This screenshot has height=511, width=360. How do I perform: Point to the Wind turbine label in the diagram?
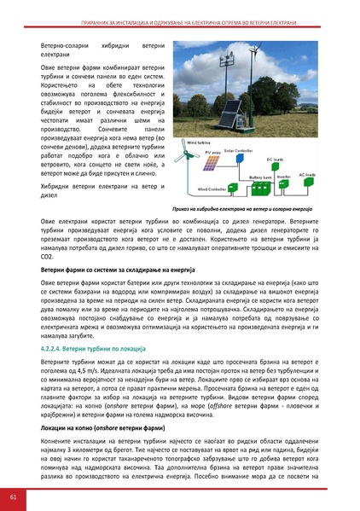coord(198,144)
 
